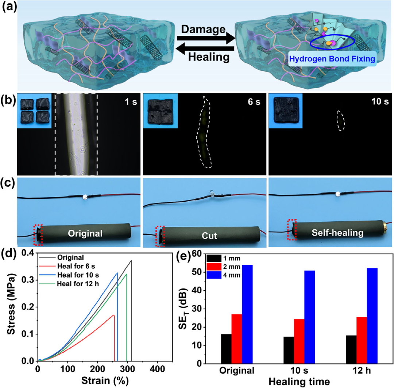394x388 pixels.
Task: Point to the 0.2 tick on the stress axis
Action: coord(28,307)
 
